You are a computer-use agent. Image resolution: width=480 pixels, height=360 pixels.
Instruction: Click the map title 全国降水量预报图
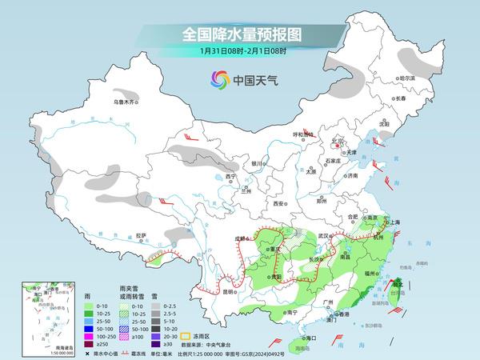point(239,34)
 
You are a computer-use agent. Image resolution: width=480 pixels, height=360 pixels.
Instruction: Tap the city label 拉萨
point(142,235)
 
